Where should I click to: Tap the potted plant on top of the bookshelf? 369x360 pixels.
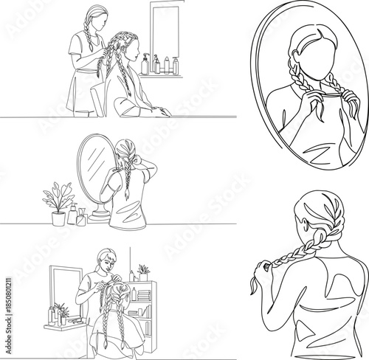click(144, 271)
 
